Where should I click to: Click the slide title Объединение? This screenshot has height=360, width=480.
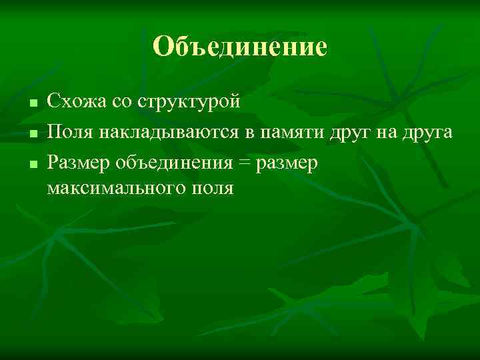(240, 47)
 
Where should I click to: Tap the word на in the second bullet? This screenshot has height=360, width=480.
(389, 133)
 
